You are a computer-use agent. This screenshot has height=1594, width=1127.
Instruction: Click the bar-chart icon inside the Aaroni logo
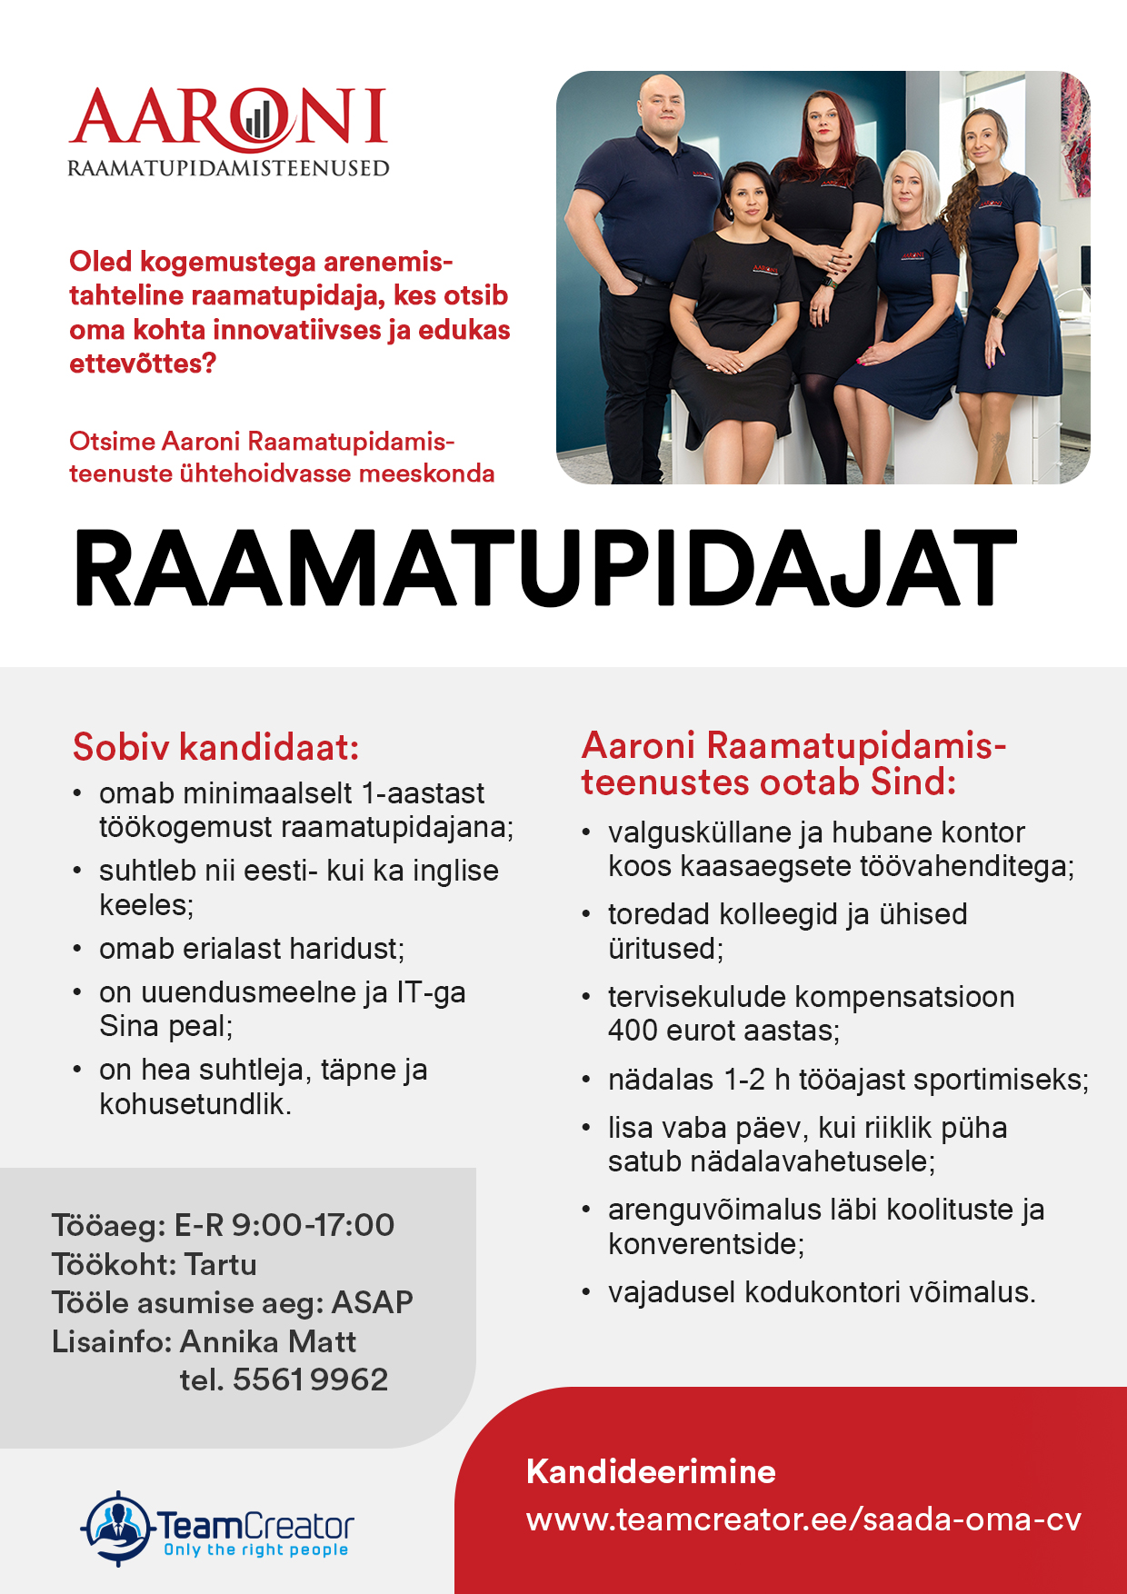click(x=257, y=118)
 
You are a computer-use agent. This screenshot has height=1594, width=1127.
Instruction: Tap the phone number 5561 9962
click(x=310, y=1380)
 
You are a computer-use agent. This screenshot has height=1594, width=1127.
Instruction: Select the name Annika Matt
click(x=267, y=1341)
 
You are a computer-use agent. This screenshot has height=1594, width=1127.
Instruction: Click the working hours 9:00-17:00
click(x=313, y=1225)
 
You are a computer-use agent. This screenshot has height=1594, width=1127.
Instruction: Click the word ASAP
click(x=372, y=1302)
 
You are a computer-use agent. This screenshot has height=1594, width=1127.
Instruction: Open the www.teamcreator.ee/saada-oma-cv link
click(x=803, y=1519)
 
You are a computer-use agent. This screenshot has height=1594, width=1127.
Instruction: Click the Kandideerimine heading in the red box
click(x=651, y=1471)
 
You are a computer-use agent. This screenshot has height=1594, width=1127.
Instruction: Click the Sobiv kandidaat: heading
click(x=215, y=747)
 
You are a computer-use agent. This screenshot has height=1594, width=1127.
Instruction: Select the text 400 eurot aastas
click(x=723, y=1031)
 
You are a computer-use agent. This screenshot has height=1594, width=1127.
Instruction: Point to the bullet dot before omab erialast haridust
click(x=77, y=949)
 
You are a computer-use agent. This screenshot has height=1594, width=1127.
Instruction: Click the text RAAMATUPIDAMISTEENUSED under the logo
click(x=228, y=168)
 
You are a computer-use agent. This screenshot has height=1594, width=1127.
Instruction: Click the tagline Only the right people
click(x=255, y=1549)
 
